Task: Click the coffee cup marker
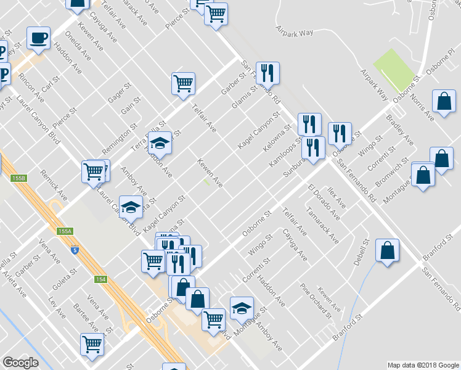click(38, 38)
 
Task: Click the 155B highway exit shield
click(19, 178)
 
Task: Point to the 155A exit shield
click(65, 231)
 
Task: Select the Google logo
click(20, 363)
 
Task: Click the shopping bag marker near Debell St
click(386, 250)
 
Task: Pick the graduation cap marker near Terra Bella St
click(160, 143)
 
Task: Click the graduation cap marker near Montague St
click(242, 307)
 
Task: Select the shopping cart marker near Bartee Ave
click(92, 343)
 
